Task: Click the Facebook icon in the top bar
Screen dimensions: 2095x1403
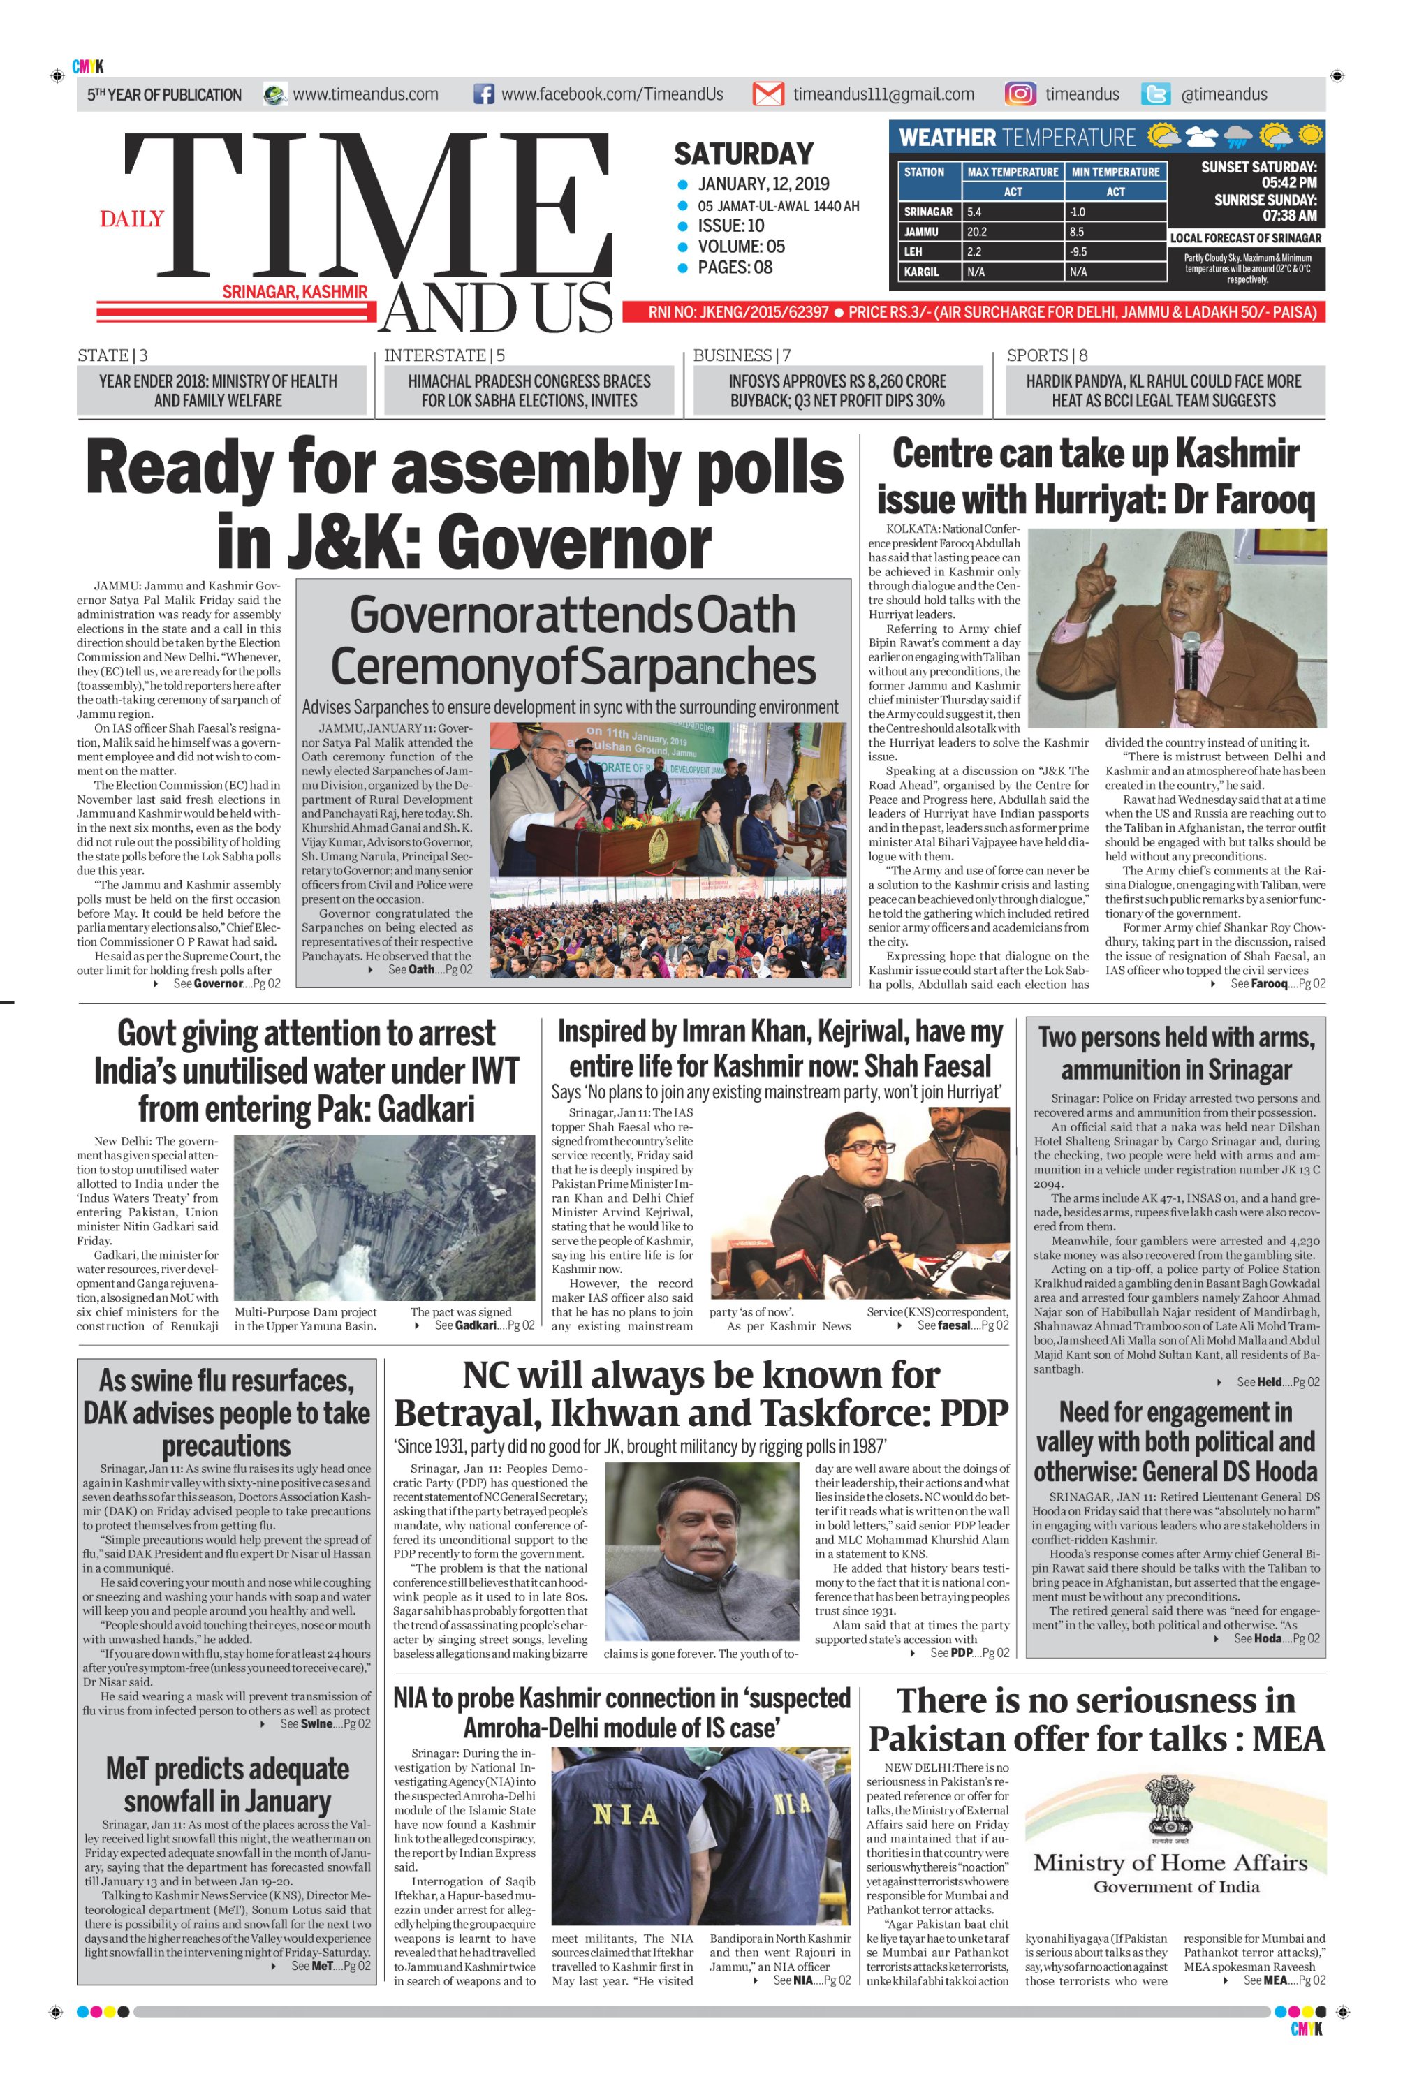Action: click(x=483, y=94)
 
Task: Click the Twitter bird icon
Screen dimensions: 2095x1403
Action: click(x=1155, y=94)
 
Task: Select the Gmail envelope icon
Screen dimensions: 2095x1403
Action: click(x=767, y=94)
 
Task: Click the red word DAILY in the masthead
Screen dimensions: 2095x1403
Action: click(x=131, y=219)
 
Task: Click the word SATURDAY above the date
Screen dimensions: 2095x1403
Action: click(x=744, y=154)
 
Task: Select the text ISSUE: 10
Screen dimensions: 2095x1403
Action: click(x=731, y=226)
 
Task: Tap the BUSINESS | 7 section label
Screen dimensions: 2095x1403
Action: click(x=742, y=355)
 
